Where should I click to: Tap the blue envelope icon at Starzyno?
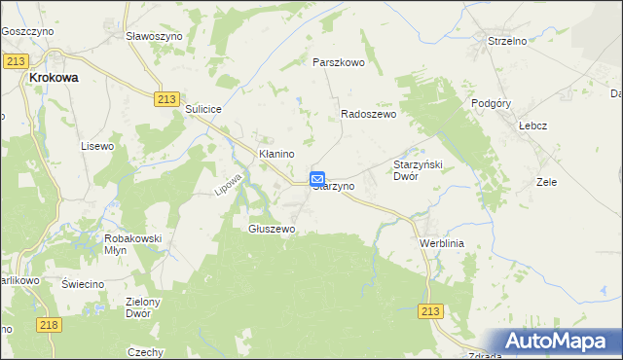318,179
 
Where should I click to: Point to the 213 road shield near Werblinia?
432,310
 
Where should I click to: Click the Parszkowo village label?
338,61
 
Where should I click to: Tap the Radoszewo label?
368,114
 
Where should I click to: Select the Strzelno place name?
506,41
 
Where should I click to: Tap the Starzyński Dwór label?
418,170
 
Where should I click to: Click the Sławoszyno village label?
156,34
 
